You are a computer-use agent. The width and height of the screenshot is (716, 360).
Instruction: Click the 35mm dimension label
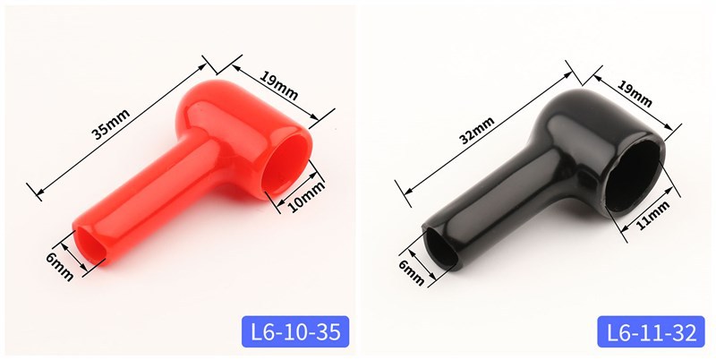[111, 124]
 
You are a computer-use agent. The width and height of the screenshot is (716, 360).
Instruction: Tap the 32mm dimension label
[477, 130]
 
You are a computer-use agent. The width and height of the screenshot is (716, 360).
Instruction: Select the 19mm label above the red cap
[278, 85]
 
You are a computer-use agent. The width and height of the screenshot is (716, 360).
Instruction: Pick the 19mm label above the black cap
[635, 94]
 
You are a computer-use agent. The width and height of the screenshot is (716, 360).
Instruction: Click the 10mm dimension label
[306, 197]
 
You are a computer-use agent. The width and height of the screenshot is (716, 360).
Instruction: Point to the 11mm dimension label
[652, 215]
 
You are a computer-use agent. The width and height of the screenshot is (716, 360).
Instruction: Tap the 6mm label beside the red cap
[60, 266]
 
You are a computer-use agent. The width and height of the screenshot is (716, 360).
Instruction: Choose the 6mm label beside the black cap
[412, 273]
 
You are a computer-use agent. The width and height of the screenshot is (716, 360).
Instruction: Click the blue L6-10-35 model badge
[295, 331]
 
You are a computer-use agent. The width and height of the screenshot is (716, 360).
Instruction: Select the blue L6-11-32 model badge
[652, 331]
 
